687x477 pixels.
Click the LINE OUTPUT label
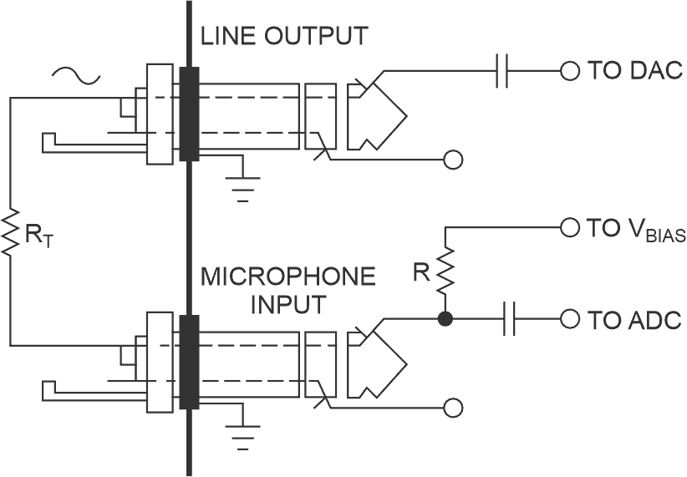click(282, 37)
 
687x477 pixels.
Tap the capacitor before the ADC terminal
click(511, 319)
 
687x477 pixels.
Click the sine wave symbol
click(75, 76)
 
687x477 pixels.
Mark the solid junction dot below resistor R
click(445, 319)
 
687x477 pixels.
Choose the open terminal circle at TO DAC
click(570, 72)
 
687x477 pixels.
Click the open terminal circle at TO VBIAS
click(570, 227)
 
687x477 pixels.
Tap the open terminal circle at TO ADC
click(570, 319)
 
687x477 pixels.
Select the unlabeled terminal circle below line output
click(453, 160)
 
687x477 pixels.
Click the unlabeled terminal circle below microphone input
click(453, 408)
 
